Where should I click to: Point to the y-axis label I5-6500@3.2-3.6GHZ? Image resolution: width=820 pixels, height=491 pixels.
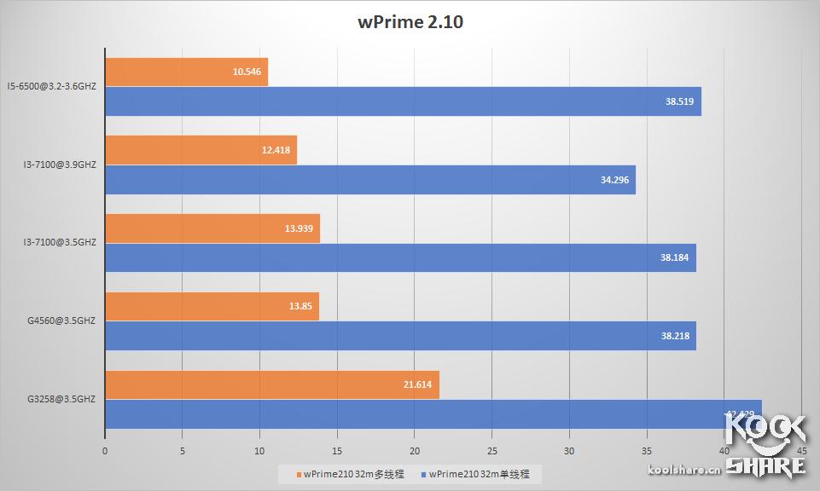(x=51, y=85)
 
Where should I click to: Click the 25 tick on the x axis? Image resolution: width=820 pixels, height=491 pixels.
(x=491, y=451)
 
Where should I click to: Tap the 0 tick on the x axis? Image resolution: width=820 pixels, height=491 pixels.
(x=105, y=451)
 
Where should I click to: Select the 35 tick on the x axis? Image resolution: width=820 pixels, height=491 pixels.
(x=647, y=451)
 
